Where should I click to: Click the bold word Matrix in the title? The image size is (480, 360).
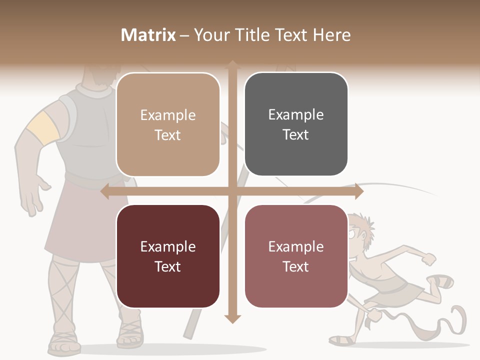point(148,35)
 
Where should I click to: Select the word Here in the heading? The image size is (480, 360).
point(331,35)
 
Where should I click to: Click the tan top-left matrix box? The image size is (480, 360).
point(168,124)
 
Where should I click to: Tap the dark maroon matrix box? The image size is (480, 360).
point(168,256)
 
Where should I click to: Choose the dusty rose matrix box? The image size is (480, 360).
point(296,256)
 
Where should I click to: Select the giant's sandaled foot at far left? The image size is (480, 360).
point(64,342)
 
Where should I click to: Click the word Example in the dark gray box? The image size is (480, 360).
point(296,114)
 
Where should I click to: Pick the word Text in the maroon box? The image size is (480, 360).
point(168,266)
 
